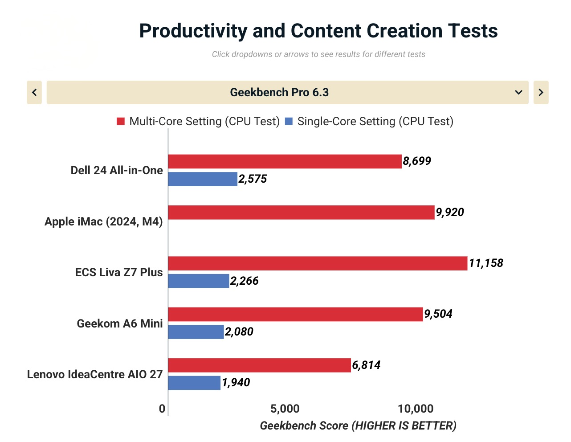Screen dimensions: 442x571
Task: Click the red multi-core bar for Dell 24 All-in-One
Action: (x=285, y=161)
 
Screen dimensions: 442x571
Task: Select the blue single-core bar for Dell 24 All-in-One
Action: (x=203, y=179)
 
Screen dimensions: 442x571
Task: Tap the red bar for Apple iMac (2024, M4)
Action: (x=301, y=213)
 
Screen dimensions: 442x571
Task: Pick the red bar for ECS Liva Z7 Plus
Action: (x=318, y=263)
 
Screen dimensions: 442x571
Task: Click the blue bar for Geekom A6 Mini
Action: (x=196, y=332)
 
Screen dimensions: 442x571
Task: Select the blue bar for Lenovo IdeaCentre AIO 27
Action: (x=194, y=383)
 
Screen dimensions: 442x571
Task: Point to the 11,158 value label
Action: (x=486, y=263)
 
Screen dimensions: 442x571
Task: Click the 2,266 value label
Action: (x=245, y=281)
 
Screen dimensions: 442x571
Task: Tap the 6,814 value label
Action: (x=366, y=365)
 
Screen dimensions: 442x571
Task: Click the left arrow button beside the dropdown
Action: (x=34, y=92)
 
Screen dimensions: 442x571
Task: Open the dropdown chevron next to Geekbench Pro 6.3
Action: (x=518, y=92)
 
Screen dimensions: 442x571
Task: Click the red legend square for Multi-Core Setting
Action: (x=121, y=122)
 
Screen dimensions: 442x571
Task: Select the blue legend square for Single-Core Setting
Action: (x=289, y=122)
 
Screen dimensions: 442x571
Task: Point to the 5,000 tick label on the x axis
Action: (x=285, y=409)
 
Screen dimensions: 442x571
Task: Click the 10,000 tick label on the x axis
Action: (x=416, y=409)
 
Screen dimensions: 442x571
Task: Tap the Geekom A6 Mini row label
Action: (x=120, y=323)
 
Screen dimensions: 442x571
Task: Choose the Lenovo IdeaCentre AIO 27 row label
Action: (x=95, y=374)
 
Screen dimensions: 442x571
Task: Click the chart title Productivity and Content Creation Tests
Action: (x=318, y=31)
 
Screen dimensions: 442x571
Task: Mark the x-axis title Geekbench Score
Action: (x=358, y=426)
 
